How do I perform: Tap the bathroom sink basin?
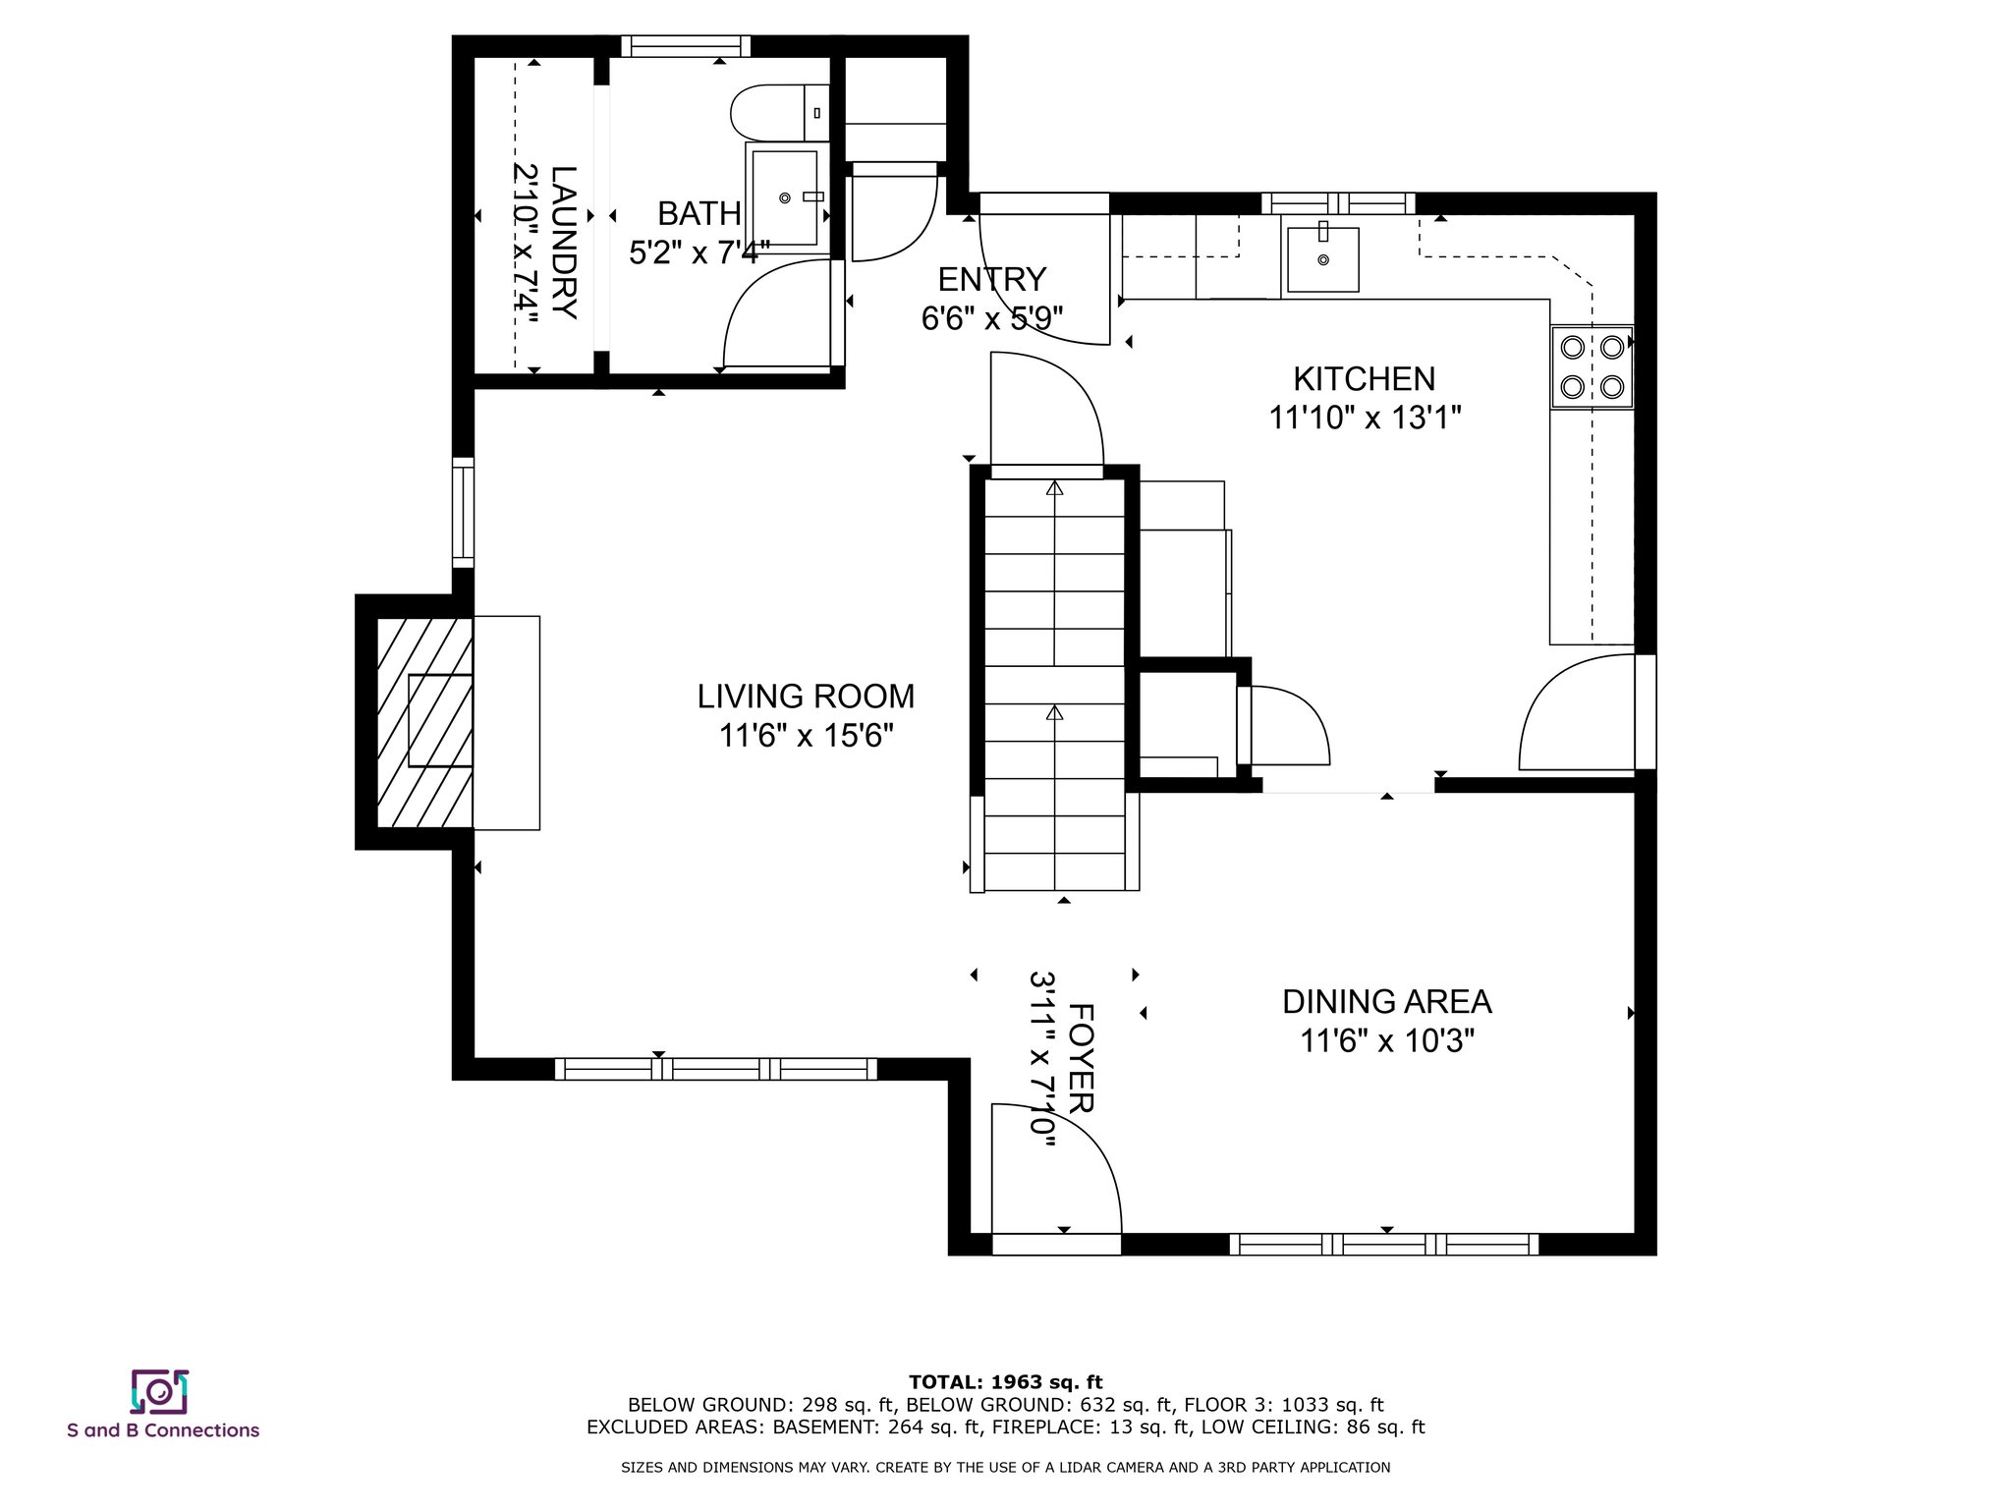click(x=784, y=197)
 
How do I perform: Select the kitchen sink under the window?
click(x=1322, y=259)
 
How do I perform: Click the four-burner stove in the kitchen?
click(x=1592, y=366)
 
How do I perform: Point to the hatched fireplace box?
click(x=424, y=721)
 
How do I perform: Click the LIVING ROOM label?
click(x=806, y=697)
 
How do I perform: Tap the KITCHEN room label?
click(x=1364, y=378)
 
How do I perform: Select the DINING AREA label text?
click(x=1386, y=1002)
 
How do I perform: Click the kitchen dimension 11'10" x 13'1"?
click(x=1365, y=419)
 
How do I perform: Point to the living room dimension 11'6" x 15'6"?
click(x=806, y=736)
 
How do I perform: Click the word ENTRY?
click(x=991, y=280)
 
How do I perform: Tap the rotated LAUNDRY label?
click(x=564, y=242)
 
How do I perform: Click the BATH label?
click(x=699, y=213)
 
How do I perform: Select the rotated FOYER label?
click(x=1081, y=1058)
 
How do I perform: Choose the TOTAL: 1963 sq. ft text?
click(x=1005, y=1382)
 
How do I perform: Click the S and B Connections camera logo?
click(x=159, y=1391)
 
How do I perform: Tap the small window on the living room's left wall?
click(x=463, y=512)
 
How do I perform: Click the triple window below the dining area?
click(x=1384, y=1245)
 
